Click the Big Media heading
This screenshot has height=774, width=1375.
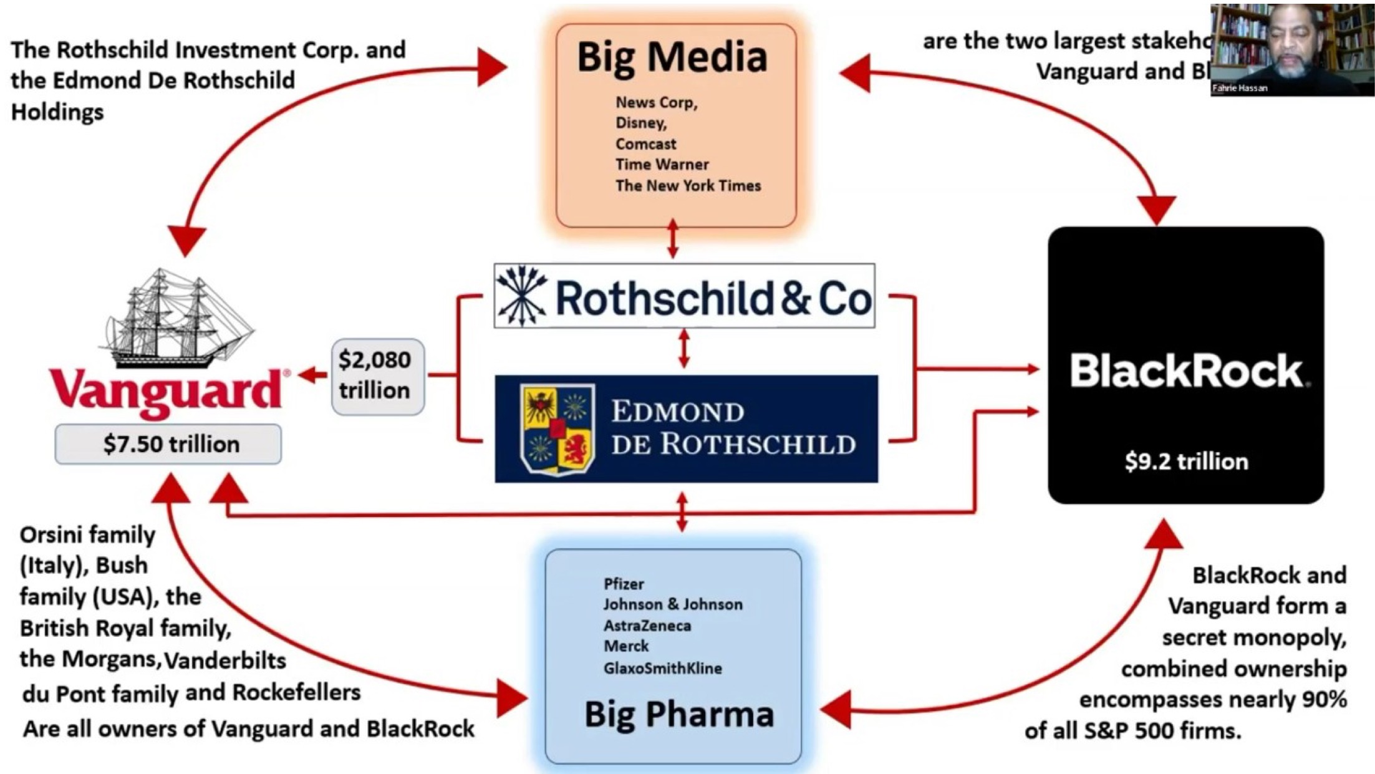pos(672,57)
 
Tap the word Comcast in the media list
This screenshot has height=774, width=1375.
pos(645,144)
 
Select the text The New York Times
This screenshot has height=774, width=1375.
pos(688,186)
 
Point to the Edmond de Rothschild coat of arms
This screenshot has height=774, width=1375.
pos(556,428)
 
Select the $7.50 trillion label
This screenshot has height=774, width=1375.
pos(171,444)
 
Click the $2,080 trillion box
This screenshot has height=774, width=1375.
pos(377,376)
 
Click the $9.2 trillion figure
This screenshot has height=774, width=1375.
pos(1186,462)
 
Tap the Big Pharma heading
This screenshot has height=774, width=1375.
pos(678,714)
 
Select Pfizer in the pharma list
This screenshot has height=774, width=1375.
pos(623,584)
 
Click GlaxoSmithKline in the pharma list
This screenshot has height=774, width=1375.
pos(662,669)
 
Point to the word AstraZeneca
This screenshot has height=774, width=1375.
pos(647,626)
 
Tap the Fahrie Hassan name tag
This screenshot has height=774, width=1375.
pos(1240,89)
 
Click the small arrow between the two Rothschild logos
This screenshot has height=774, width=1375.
pos(684,349)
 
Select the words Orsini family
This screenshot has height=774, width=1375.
pos(87,535)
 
